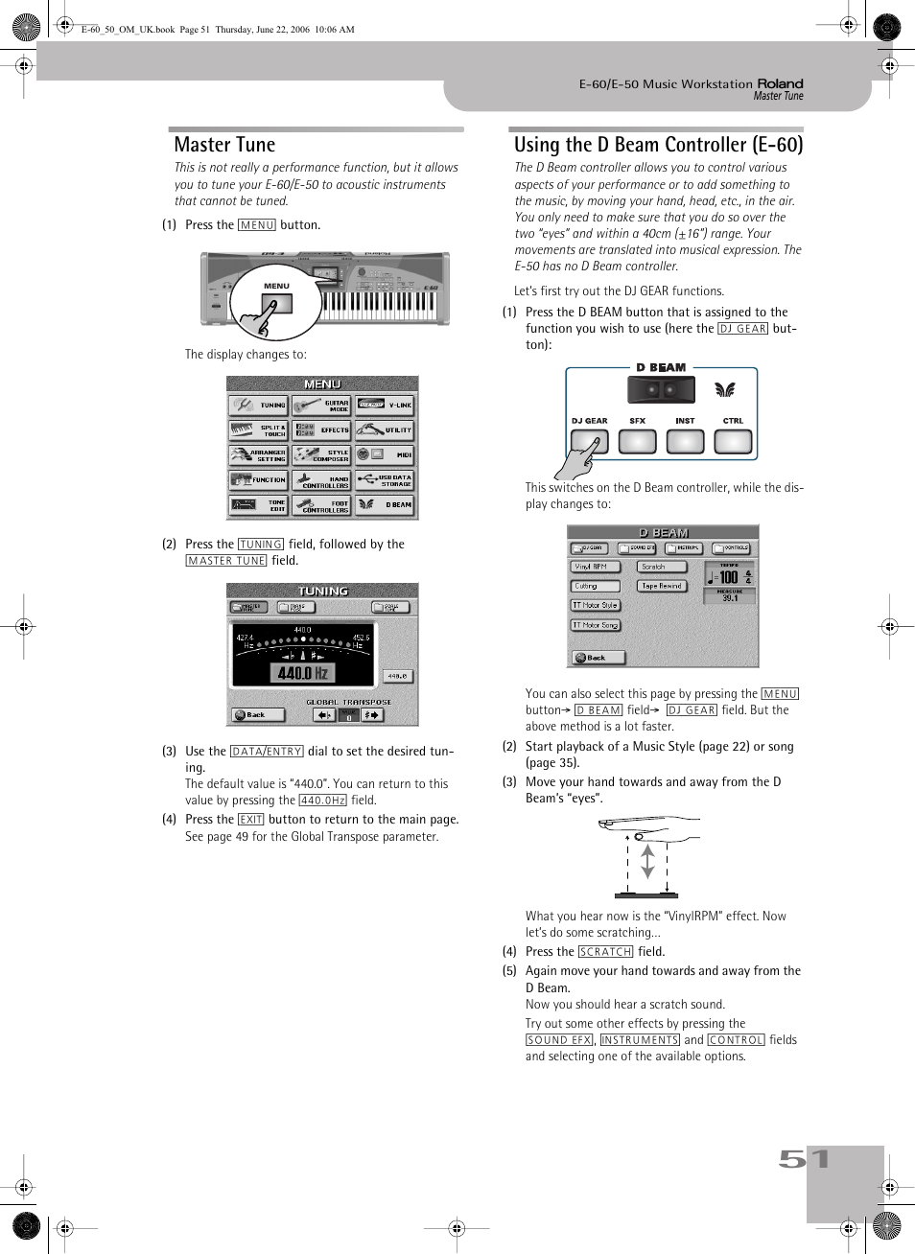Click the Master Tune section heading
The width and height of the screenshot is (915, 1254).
(x=224, y=145)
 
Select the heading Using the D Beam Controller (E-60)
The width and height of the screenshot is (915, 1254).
(x=658, y=145)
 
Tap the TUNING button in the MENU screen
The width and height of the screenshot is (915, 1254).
(x=258, y=406)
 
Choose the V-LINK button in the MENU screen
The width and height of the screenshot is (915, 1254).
(x=385, y=406)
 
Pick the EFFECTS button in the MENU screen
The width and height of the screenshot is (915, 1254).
(x=321, y=430)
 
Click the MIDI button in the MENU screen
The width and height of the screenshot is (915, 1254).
(x=385, y=454)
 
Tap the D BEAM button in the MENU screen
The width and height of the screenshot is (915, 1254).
(x=385, y=504)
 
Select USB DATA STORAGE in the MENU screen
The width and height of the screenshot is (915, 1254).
(x=385, y=479)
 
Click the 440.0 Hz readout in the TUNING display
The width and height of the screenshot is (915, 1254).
(x=303, y=673)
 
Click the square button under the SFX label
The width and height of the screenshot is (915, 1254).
(x=637, y=442)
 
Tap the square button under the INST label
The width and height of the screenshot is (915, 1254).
(x=685, y=442)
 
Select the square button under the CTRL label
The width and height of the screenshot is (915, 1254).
(x=733, y=442)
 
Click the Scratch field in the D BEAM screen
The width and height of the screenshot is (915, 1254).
(x=662, y=567)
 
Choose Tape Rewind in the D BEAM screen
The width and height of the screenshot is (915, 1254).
(x=662, y=586)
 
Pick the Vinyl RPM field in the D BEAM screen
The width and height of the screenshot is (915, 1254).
(x=595, y=567)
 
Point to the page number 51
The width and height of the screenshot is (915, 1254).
(x=804, y=1159)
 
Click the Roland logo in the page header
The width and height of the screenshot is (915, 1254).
(x=780, y=83)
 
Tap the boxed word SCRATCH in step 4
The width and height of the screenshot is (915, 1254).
(x=605, y=952)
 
